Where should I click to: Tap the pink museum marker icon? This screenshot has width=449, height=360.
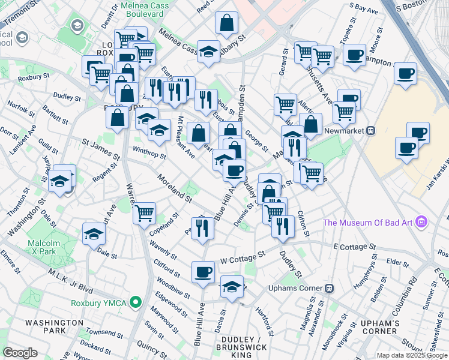click(421, 223)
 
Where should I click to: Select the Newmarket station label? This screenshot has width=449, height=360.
click(345, 130)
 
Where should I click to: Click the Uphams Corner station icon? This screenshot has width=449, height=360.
click(329, 288)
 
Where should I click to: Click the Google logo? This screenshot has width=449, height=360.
click(20, 353)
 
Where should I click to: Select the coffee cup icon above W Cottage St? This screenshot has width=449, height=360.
click(203, 272)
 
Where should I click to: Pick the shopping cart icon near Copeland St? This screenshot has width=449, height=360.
click(144, 212)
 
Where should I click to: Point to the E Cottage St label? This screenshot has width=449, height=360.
click(354, 247)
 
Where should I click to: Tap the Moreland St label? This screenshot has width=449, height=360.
click(174, 188)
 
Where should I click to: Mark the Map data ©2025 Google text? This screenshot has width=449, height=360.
click(412, 355)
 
